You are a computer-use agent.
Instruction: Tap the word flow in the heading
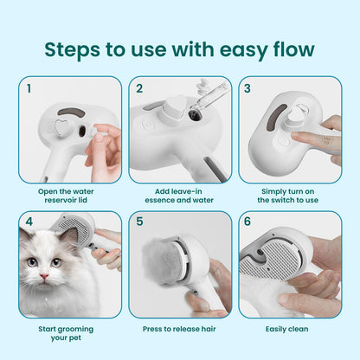pos(286,48)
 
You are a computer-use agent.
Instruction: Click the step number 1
pos(29,87)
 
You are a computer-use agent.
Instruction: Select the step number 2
pos(139,87)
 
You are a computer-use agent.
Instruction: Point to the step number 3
pos(247,87)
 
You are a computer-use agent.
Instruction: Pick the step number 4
pos(29,222)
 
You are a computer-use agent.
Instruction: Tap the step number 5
pos(139,222)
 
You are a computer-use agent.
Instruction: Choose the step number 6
pos(247,222)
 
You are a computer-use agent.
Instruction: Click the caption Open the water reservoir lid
pos(69,195)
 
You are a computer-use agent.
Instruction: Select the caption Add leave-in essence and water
pos(179,195)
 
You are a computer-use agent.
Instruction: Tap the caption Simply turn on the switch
pos(289,195)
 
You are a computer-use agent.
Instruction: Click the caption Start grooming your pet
pos(69,333)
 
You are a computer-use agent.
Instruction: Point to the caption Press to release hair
pos(179,329)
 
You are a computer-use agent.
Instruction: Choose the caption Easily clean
pos(289,329)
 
